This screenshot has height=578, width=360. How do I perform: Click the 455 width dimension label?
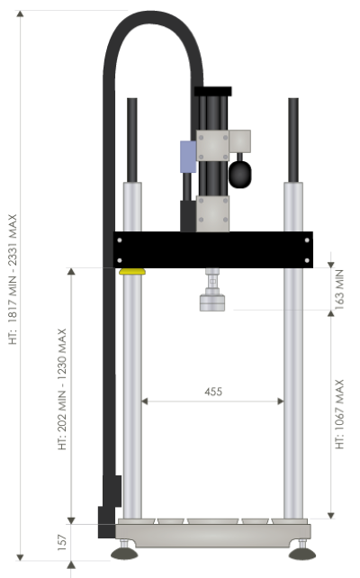tap(213, 392)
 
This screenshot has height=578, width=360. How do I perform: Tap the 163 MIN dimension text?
tap(339, 289)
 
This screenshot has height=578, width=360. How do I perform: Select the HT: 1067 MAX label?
tap(339, 414)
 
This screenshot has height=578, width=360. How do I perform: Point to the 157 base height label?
tap(62, 543)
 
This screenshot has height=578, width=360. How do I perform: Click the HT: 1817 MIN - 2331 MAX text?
tap(13, 279)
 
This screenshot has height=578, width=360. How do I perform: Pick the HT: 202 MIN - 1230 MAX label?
tap(62, 389)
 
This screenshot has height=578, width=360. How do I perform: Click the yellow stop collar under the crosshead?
tap(132, 272)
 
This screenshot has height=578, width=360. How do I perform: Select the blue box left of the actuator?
tap(188, 157)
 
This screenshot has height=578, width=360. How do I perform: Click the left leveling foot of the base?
tap(124, 553)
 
